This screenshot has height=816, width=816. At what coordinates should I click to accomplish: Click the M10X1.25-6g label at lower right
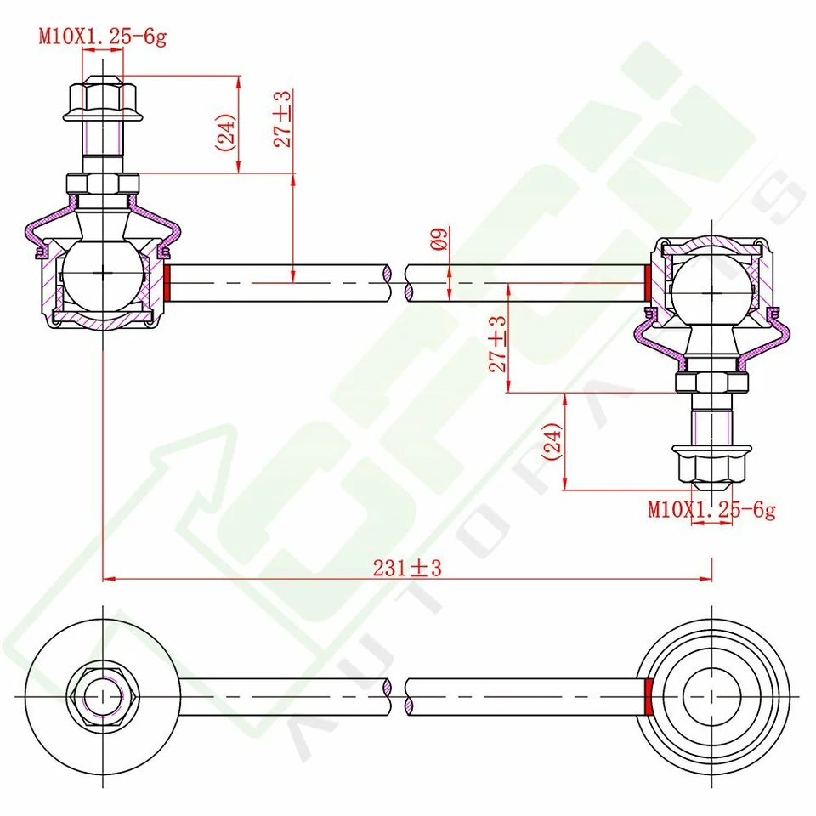[x=711, y=510]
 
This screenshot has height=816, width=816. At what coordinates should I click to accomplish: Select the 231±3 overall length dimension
[x=407, y=568]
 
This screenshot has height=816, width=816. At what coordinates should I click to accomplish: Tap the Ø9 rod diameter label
[x=439, y=240]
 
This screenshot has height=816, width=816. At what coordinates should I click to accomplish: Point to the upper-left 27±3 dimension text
[x=283, y=118]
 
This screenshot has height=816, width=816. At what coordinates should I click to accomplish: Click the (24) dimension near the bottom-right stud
[x=552, y=441]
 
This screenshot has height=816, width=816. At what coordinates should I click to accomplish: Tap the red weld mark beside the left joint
[x=169, y=282]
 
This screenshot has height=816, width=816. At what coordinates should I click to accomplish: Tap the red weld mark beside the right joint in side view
[x=649, y=282]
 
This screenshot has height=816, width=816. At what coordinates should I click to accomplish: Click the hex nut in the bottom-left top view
[x=103, y=695]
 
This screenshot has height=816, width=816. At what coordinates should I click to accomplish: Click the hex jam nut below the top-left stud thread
[x=103, y=184]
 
